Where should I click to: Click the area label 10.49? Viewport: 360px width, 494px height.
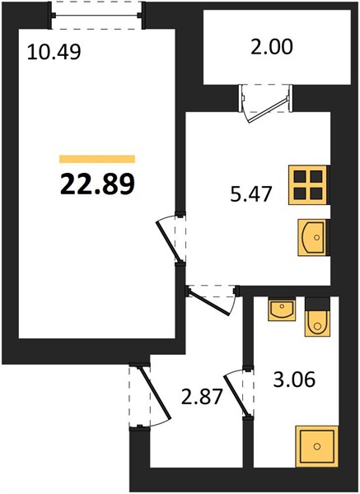[54, 52]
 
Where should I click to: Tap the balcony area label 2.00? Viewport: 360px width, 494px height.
[272, 47]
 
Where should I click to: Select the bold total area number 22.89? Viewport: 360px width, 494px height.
[97, 184]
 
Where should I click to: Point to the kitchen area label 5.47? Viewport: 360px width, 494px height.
[251, 193]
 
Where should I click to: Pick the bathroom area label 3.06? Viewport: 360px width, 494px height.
[294, 379]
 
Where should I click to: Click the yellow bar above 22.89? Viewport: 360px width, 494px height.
[97, 159]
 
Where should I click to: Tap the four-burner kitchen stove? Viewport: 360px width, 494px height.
[309, 185]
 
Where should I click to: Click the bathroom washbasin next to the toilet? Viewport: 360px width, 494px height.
[282, 310]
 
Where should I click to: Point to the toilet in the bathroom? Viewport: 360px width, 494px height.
[317, 317]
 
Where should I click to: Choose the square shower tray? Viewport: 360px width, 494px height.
[317, 446]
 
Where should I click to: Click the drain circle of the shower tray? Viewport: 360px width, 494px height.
[317, 446]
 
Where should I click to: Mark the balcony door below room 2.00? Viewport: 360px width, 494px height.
[266, 103]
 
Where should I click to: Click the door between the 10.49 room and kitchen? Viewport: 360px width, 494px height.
[171, 238]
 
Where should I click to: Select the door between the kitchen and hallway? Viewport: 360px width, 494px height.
[212, 300]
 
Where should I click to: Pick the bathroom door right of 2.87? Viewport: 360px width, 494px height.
[239, 392]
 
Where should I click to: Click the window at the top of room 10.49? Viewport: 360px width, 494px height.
[96, 15]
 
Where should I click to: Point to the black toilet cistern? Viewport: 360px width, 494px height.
[317, 304]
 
